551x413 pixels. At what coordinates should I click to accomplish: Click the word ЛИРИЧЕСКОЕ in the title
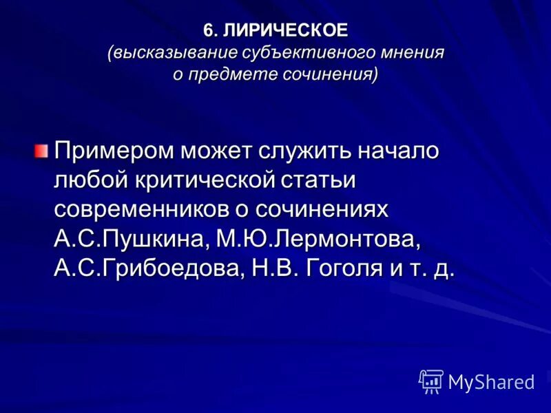[x=286, y=30]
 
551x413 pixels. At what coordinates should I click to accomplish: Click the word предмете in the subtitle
[x=231, y=74]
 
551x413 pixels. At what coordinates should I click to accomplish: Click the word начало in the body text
[x=399, y=151]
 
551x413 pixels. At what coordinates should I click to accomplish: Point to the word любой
[x=87, y=180]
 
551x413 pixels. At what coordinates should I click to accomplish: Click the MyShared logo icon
[x=430, y=381]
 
